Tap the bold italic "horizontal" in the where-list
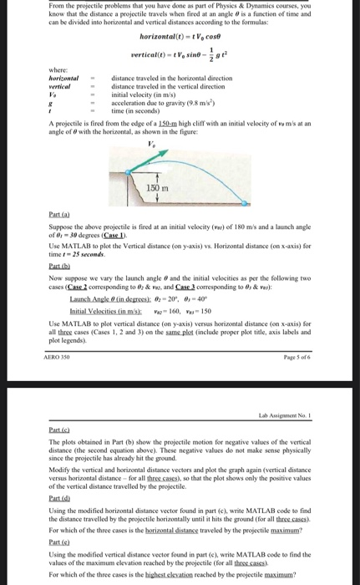(68, 78)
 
